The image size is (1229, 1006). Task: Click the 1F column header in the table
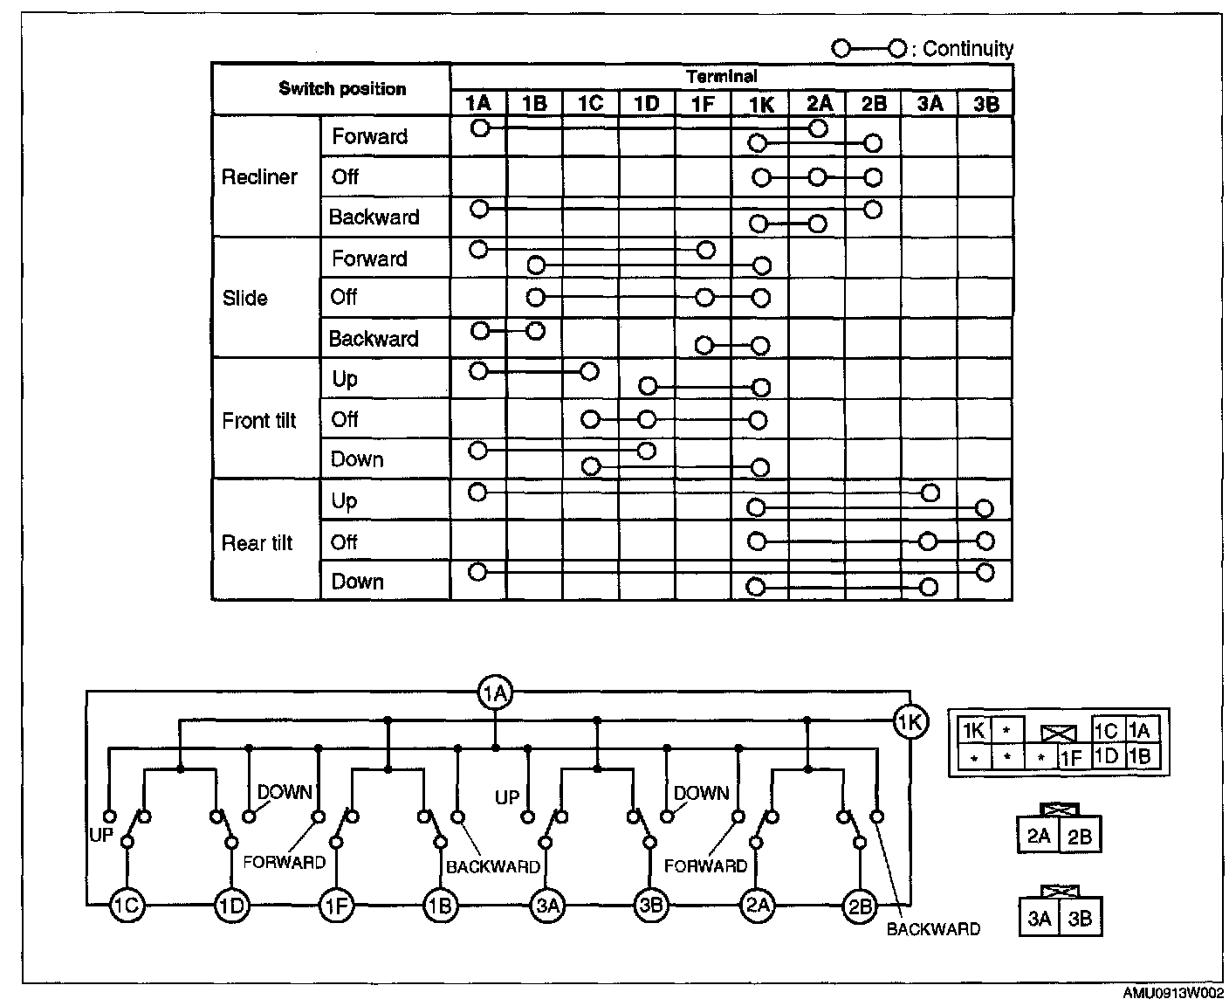click(x=703, y=104)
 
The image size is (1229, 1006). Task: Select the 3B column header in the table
click(x=985, y=104)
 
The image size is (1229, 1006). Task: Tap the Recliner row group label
click(x=259, y=177)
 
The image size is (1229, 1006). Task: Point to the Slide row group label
click(x=244, y=299)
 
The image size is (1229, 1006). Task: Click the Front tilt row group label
click(x=259, y=421)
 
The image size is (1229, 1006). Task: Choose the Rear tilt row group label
click(x=257, y=543)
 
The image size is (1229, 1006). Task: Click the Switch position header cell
click(x=342, y=89)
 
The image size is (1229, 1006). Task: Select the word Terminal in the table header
click(x=722, y=77)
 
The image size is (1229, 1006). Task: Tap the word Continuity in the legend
click(x=968, y=50)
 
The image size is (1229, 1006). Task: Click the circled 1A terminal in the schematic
click(x=495, y=694)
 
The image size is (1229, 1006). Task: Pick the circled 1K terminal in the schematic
click(x=910, y=722)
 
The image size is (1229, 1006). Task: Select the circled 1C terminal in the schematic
click(x=127, y=906)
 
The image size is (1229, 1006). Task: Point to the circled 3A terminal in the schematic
click(x=547, y=906)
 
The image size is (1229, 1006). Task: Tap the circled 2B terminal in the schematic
click(x=860, y=906)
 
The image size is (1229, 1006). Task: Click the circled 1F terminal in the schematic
click(x=337, y=906)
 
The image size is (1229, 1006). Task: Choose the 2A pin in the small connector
click(x=1039, y=837)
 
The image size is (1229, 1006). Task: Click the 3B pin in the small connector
click(x=1080, y=919)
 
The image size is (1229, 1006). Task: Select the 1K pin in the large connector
click(x=973, y=731)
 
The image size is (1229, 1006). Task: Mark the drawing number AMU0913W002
click(x=1172, y=994)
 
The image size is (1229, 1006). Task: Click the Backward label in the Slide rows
click(x=374, y=339)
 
